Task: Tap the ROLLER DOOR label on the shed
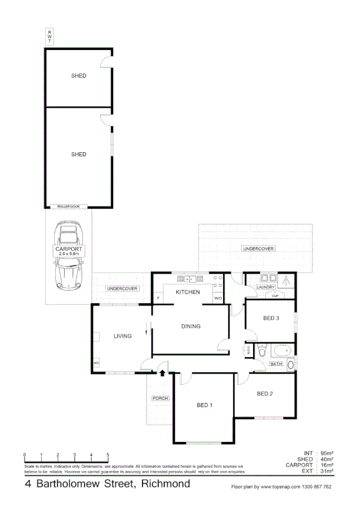pos(68,206)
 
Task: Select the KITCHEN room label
pos(187,292)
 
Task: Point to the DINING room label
pos(191,327)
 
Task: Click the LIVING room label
pos(123,336)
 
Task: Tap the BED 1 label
pos(204,405)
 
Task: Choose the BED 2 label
pos(265,394)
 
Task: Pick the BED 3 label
pos(271,318)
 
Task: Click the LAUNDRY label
pos(265,287)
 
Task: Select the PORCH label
pos(160,399)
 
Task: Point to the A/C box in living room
pos(96,363)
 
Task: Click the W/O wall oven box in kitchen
pos(218,298)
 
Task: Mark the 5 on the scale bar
pos(108,455)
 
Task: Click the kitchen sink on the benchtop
pos(189,278)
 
